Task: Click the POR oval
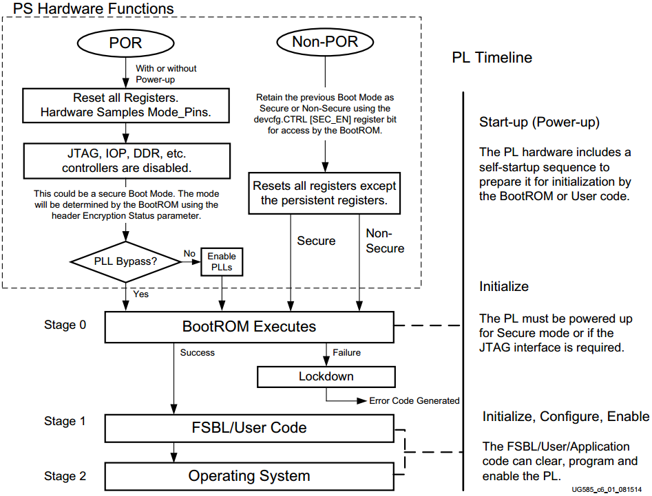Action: pyautogui.click(x=125, y=43)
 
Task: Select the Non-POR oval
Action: pyautogui.click(x=325, y=41)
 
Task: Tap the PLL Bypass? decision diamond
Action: pyautogui.click(x=125, y=261)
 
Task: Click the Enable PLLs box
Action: pyautogui.click(x=222, y=261)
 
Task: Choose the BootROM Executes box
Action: pyautogui.click(x=249, y=327)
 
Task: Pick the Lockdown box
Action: pyautogui.click(x=326, y=377)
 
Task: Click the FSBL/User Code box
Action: pyautogui.click(x=249, y=428)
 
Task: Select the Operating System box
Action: pyautogui.click(x=249, y=476)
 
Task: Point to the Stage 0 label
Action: pyautogui.click(x=65, y=325)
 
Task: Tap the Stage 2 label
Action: pyautogui.click(x=65, y=476)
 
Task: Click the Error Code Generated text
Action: pyautogui.click(x=414, y=400)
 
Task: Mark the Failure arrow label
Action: pyautogui.click(x=347, y=353)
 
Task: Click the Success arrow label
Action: pyautogui.click(x=198, y=353)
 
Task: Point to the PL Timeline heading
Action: pyautogui.click(x=492, y=57)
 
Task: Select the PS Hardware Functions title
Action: pyautogui.click(x=94, y=9)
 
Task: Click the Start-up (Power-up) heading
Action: pyautogui.click(x=539, y=122)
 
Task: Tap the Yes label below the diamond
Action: pyautogui.click(x=141, y=294)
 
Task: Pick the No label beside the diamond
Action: pyautogui.click(x=189, y=253)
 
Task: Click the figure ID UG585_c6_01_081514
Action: pyautogui.click(x=607, y=490)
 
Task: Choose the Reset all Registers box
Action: pyautogui.click(x=125, y=105)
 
